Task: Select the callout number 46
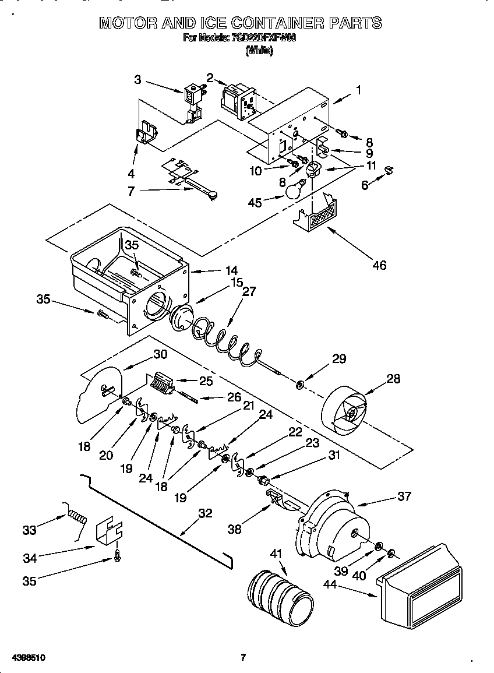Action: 379,266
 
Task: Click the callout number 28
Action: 394,378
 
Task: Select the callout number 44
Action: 329,589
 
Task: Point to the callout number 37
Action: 404,496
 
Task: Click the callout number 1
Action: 358,90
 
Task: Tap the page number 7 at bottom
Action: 243,657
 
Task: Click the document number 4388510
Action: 29,657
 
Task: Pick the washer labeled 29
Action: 300,385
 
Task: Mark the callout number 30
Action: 160,353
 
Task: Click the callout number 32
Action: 206,513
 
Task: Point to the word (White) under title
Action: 259,51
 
